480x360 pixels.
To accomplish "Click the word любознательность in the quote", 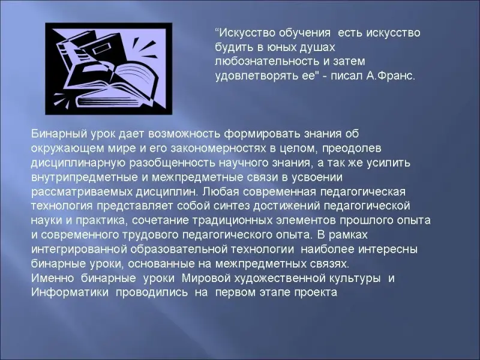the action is pyautogui.click(x=266, y=62).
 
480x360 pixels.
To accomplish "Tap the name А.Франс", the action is pyautogui.click(x=391, y=76).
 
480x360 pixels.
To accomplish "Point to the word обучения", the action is pyautogui.click(x=304, y=33).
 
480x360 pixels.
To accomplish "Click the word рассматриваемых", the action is pyautogui.click(x=82, y=192).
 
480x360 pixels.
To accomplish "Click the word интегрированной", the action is pyautogui.click(x=79, y=249).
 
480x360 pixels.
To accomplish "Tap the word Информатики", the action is pyautogui.click(x=70, y=292).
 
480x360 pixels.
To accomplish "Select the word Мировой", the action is pyautogui.click(x=206, y=278).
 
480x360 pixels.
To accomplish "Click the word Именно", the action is pyautogui.click(x=53, y=278).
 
